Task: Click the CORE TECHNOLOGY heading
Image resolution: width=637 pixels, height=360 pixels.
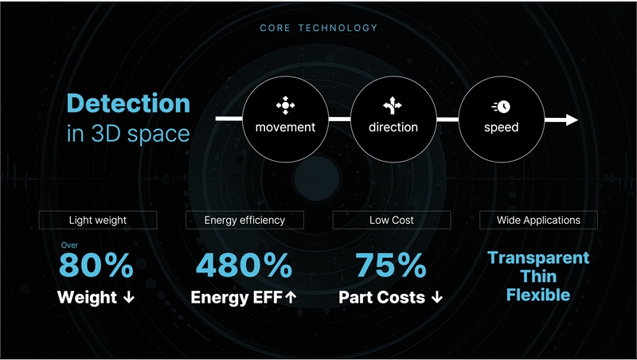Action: [x=318, y=28]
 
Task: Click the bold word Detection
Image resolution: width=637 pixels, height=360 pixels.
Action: [x=128, y=104]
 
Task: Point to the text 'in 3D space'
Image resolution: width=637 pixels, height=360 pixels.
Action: [x=128, y=134]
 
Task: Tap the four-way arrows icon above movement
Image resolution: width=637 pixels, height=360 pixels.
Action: [x=285, y=106]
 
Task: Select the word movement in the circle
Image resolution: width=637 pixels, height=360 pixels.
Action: [x=285, y=127]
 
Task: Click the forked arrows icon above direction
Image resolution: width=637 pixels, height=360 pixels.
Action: [x=393, y=106]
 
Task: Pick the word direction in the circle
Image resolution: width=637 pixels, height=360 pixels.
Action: [x=393, y=127]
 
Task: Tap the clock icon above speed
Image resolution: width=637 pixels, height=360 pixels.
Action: [x=501, y=107]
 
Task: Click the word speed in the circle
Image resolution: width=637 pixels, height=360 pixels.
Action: [x=502, y=127]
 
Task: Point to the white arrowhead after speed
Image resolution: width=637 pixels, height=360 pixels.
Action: [x=572, y=119]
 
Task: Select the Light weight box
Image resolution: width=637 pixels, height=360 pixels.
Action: [x=98, y=220]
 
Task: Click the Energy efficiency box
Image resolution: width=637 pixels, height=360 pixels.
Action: [x=244, y=220]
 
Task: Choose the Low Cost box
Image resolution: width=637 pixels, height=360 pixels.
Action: [x=392, y=220]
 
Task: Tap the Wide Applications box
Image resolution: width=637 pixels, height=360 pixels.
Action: [x=539, y=220]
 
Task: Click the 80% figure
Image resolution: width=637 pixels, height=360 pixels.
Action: [x=96, y=265]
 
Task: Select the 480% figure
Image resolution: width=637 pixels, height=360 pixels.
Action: [x=244, y=265]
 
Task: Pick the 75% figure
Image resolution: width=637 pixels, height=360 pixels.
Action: [x=391, y=265]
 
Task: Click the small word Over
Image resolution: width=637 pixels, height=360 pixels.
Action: [x=69, y=245]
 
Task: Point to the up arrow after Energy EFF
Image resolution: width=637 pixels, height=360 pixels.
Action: [x=291, y=298]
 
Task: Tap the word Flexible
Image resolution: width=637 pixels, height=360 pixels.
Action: [x=538, y=295]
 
